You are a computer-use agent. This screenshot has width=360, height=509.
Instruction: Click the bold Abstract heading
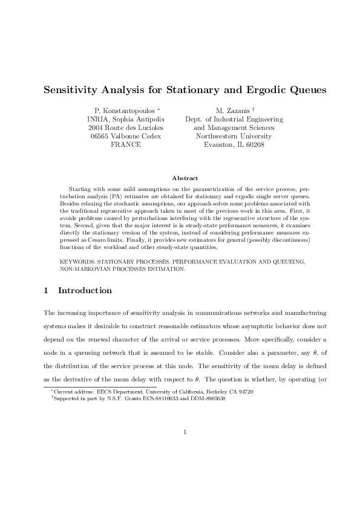(x=184, y=178)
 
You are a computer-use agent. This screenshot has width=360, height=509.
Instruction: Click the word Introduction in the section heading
(x=85, y=291)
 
